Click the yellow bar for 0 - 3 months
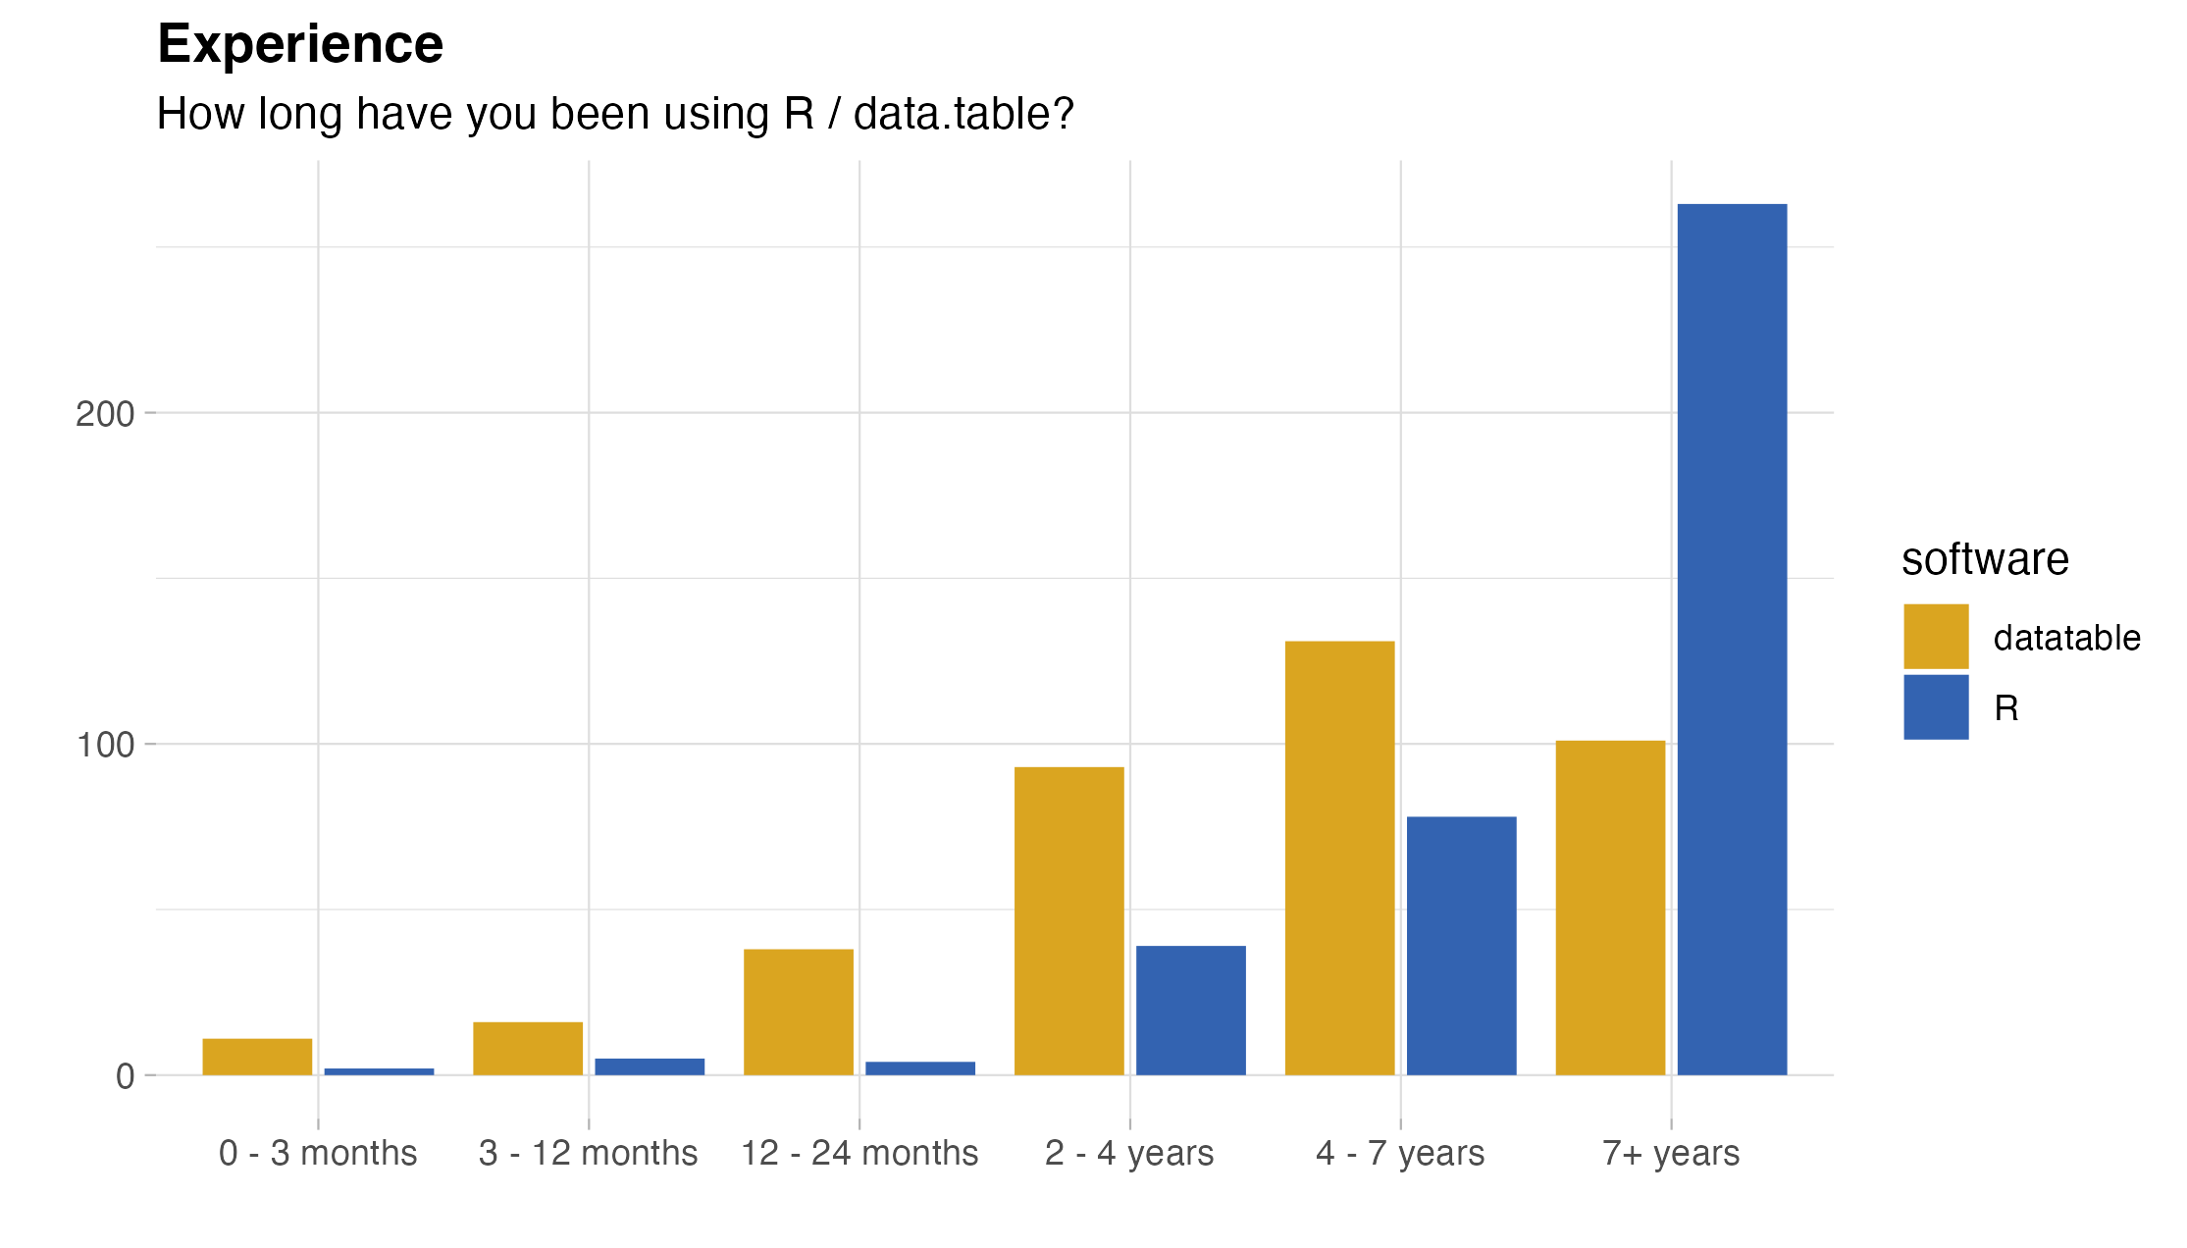coord(257,1056)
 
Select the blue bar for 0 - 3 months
coord(379,1071)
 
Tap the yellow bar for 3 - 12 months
coord(528,1048)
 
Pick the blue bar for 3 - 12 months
coord(650,1066)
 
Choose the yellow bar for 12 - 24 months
coord(799,1012)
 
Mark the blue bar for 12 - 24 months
coord(920,1067)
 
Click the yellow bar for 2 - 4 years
coord(1069,920)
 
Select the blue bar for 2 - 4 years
coord(1191,1010)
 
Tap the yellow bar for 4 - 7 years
coord(1339,858)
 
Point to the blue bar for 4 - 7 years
coord(1462,945)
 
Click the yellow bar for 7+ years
coord(1610,907)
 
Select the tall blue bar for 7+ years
coord(1732,639)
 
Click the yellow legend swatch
coord(1936,636)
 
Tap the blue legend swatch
coord(1936,707)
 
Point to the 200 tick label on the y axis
coord(105,414)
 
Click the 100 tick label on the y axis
coord(105,745)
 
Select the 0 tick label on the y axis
coord(125,1076)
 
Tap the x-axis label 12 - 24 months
coord(859,1153)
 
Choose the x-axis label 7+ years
coord(1671,1153)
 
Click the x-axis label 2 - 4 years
coord(1129,1153)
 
